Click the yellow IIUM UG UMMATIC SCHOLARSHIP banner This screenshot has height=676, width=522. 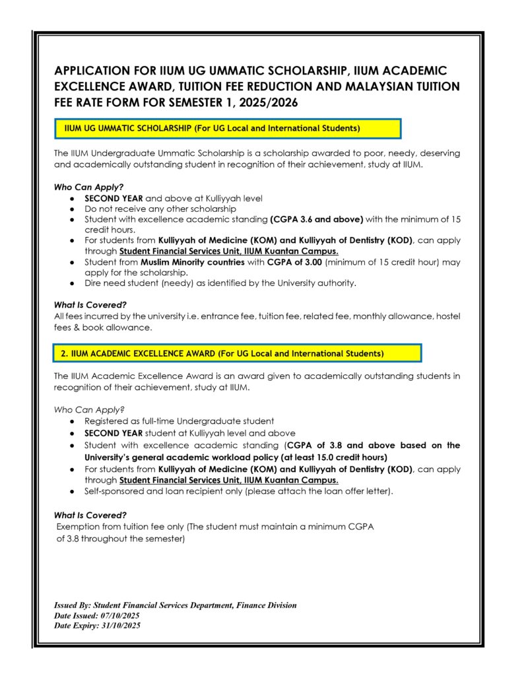228,127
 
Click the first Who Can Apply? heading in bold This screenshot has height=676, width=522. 88,187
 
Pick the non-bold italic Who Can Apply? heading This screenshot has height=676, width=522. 89,409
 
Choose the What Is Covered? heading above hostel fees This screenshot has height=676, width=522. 90,305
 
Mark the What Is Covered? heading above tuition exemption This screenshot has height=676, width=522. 90,515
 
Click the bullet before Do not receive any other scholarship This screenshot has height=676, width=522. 71,209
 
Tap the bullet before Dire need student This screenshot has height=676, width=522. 71,283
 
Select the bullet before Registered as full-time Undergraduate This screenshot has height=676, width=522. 71,421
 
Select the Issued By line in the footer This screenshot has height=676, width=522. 175,605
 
